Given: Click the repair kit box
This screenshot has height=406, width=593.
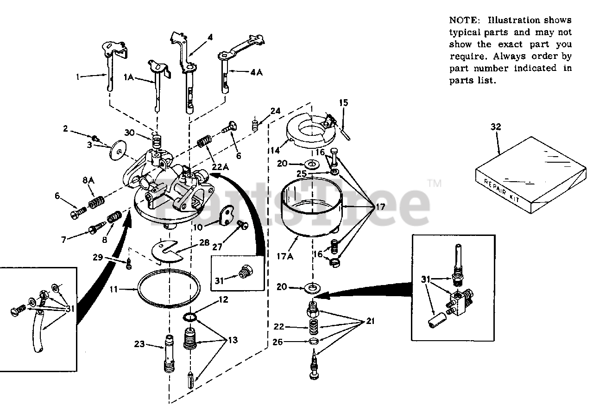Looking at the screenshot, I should pyautogui.click(x=530, y=176).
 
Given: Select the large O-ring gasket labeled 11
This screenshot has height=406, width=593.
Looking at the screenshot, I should pyautogui.click(x=169, y=288).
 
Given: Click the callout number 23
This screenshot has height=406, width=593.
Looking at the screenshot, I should pyautogui.click(x=139, y=344).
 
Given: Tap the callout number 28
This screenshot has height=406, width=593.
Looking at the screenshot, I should pyautogui.click(x=204, y=242).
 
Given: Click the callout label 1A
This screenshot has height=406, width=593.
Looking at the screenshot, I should pyautogui.click(x=128, y=78).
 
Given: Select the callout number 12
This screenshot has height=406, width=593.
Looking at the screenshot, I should pyautogui.click(x=223, y=299).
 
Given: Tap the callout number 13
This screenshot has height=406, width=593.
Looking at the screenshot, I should pyautogui.click(x=232, y=340).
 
